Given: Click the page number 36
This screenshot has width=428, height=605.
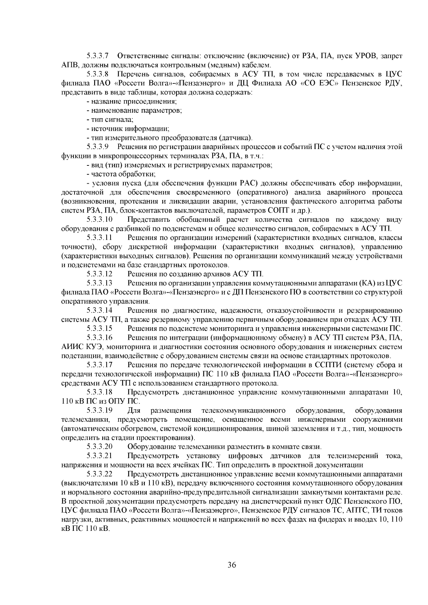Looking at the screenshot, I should [232, 565].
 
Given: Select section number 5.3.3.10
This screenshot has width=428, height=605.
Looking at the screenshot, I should [100, 219].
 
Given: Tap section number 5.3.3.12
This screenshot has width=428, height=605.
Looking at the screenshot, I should [100, 274].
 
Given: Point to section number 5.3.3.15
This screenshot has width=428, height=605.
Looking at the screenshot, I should [100, 328].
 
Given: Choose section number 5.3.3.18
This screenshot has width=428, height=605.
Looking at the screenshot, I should [100, 392].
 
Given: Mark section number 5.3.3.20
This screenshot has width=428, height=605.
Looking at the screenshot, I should [100, 446].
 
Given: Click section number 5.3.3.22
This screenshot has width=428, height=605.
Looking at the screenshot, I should [100, 474].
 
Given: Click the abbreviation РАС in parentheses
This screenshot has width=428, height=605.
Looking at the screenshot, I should [249, 183].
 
